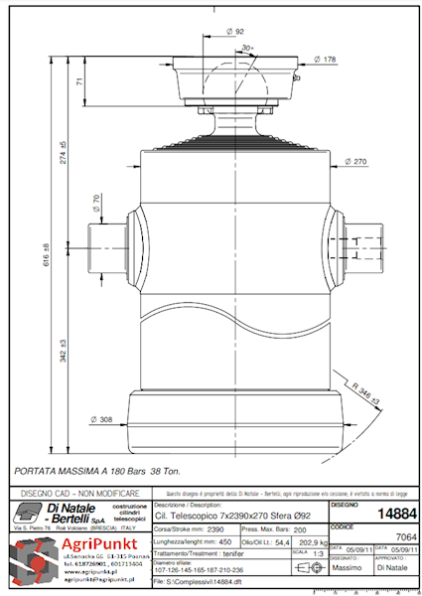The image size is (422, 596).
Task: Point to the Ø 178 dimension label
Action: point(326,60)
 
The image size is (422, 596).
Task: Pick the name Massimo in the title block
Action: point(347,568)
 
